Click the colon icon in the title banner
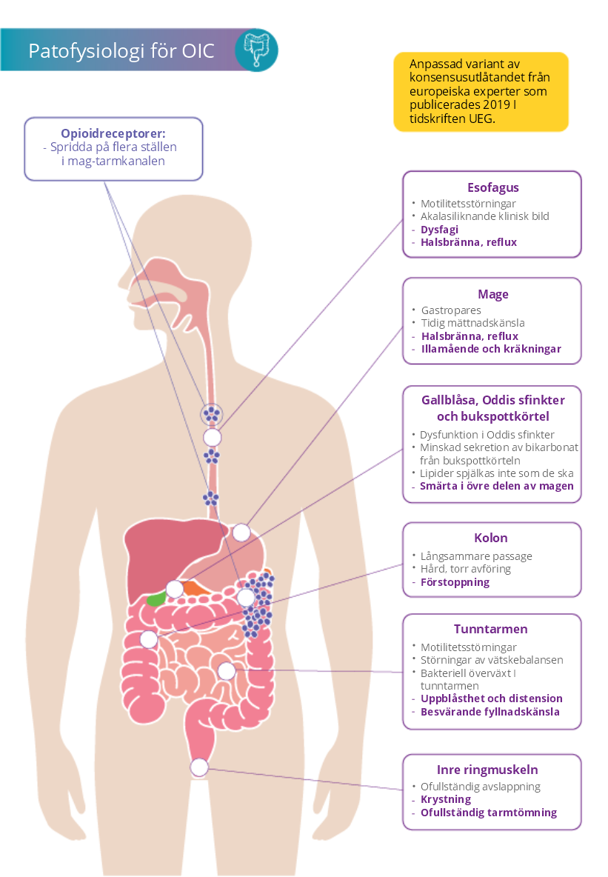pos(256,50)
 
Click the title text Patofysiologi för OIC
pos(121,51)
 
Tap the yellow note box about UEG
pos(481,92)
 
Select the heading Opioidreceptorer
pos(113,133)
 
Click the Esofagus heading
pos(492,187)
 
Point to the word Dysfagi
pos(439,230)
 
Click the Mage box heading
pos(492,294)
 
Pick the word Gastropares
pos(450,310)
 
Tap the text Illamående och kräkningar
pos(490,349)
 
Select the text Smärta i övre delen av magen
pos(496,486)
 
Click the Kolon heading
pos(491,538)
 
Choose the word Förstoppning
pos(455,582)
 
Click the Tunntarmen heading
pos(492,629)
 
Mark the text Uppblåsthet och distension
pos(491,698)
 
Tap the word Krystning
pos(445,799)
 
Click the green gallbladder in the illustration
pos(156,598)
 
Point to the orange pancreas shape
pos(194,589)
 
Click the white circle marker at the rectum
pos(199,767)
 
